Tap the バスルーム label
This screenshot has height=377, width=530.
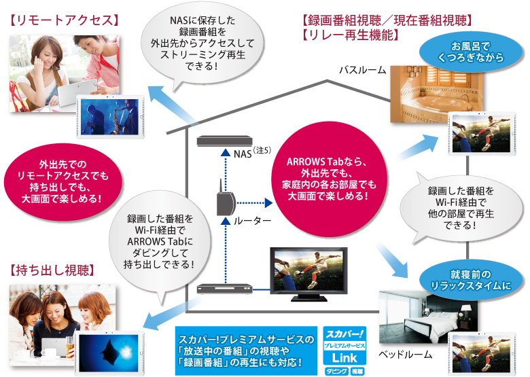[x=363, y=70]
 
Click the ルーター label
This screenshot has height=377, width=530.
[x=253, y=221]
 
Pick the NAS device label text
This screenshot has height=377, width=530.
[x=242, y=153]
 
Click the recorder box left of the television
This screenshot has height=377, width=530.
[x=224, y=288]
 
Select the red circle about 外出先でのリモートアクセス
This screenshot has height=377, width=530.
[x=59, y=181]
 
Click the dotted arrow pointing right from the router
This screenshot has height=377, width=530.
[x=255, y=202]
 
